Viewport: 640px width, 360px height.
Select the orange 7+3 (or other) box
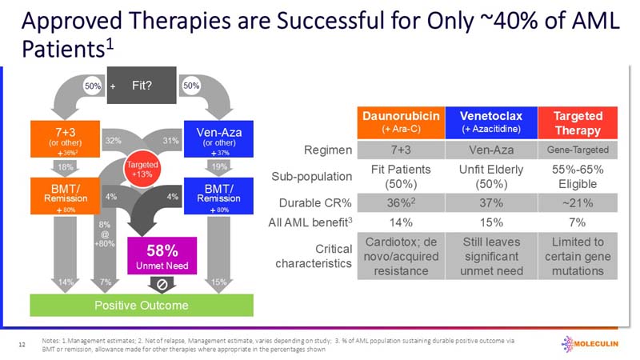point(61,138)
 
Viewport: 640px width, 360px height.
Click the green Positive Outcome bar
point(142,306)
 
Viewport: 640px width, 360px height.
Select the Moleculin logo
point(592,342)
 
